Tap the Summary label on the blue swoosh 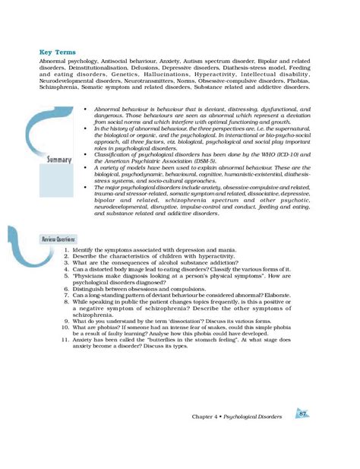pos(58,160)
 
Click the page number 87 pos(303,414)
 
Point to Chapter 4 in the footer pos(207,417)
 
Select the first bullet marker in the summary pos(88,109)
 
